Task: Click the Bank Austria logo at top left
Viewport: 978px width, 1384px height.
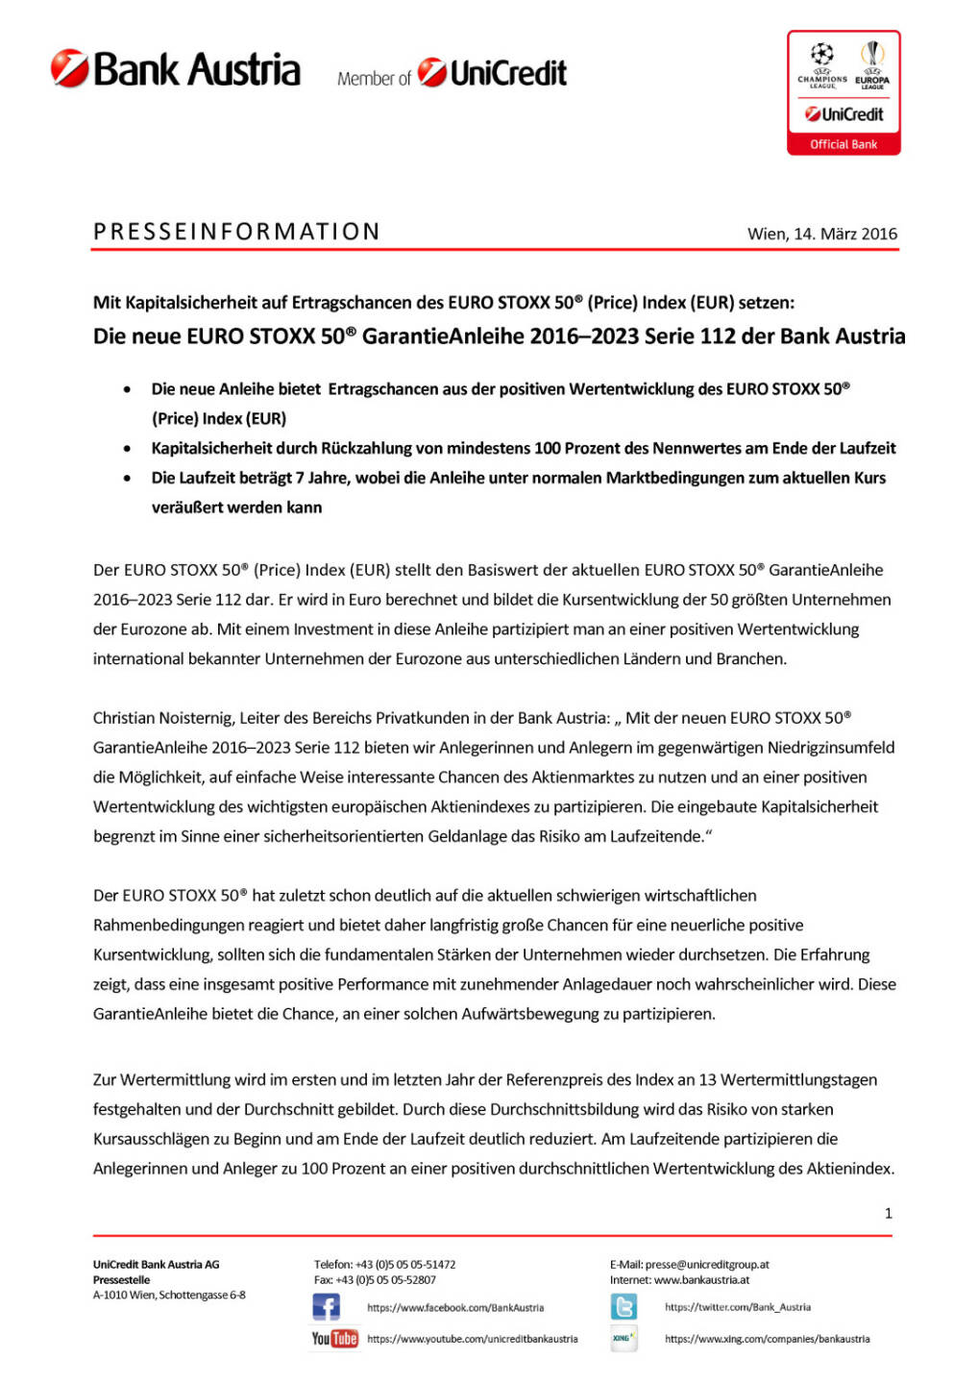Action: pyautogui.click(x=176, y=69)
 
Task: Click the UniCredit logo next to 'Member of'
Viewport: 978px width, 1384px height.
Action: pyautogui.click(x=493, y=72)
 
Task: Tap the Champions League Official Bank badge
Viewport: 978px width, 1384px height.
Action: pyautogui.click(x=844, y=92)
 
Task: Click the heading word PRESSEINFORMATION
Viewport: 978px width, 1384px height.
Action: pyautogui.click(x=236, y=232)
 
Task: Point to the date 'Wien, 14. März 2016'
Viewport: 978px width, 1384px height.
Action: pyautogui.click(x=822, y=234)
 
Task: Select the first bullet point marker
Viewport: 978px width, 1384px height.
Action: pyautogui.click(x=127, y=389)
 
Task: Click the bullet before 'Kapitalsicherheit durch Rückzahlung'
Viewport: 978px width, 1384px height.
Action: pyautogui.click(x=127, y=449)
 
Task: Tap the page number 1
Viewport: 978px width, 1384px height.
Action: pyautogui.click(x=888, y=1213)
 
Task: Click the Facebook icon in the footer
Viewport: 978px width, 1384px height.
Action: pyautogui.click(x=327, y=1307)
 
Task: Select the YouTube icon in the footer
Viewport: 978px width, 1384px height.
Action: pyautogui.click(x=334, y=1338)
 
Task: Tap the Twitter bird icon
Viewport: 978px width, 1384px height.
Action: pyautogui.click(x=623, y=1307)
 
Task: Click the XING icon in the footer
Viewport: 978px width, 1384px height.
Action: pyautogui.click(x=623, y=1338)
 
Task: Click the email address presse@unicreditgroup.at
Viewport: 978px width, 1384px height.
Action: pyautogui.click(x=707, y=1265)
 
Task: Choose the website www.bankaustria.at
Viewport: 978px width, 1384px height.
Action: pyautogui.click(x=701, y=1280)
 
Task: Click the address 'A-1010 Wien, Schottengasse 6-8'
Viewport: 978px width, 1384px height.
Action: pyautogui.click(x=169, y=1296)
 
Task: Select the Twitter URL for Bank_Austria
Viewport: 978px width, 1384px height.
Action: pyautogui.click(x=738, y=1307)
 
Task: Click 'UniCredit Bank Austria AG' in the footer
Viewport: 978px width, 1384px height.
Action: pyautogui.click(x=156, y=1265)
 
